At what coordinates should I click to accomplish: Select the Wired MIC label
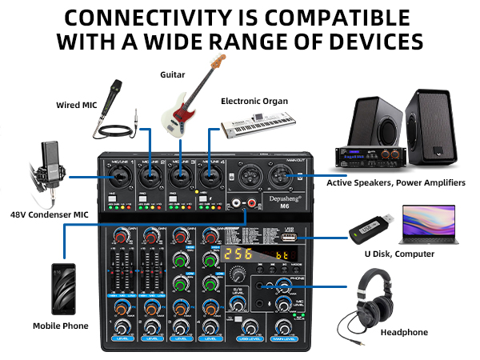click(x=77, y=105)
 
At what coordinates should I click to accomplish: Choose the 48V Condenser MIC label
click(x=50, y=214)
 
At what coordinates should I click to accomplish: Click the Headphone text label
click(x=404, y=332)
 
